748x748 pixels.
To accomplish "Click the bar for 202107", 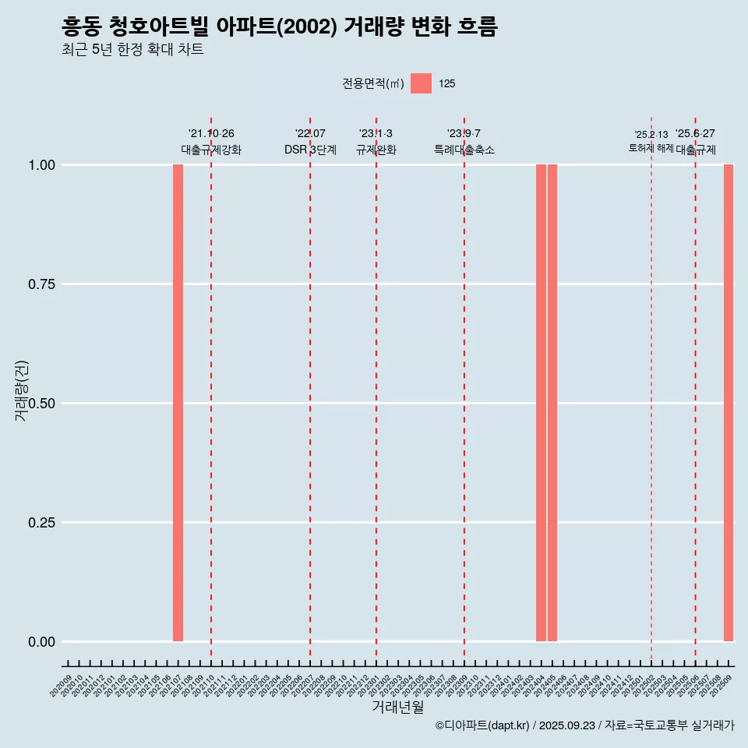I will click(178, 403).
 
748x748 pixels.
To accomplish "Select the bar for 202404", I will click(541, 403).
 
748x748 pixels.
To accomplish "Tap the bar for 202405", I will click(552, 403).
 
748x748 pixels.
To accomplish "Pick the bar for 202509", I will click(729, 403).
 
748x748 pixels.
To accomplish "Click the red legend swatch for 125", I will click(421, 83).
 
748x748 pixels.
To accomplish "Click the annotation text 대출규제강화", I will click(211, 150).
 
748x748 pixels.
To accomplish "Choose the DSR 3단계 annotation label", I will click(310, 150).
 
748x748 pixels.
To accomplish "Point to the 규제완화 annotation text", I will click(376, 150).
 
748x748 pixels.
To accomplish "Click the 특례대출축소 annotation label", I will click(464, 150).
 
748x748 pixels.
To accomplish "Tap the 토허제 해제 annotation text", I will click(651, 148).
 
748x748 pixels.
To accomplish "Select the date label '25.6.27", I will click(695, 134).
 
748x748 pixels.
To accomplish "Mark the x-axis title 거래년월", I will click(398, 707).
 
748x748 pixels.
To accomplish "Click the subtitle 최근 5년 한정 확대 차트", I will click(132, 51).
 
